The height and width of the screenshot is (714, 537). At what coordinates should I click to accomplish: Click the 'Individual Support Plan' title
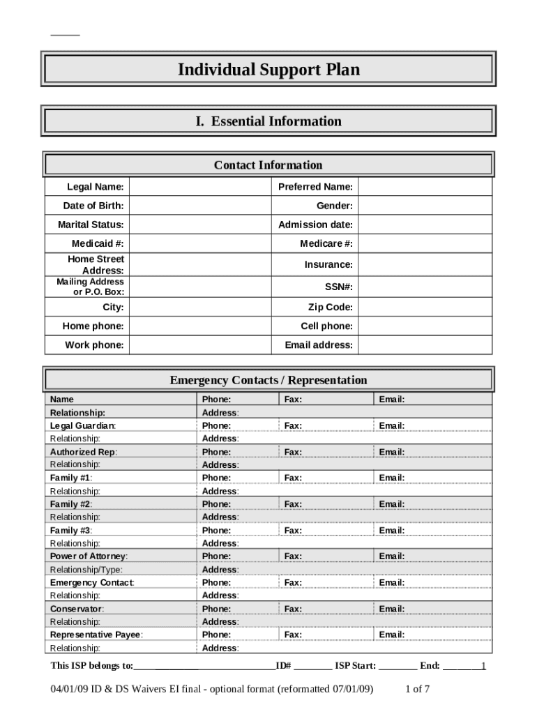pyautogui.click(x=268, y=70)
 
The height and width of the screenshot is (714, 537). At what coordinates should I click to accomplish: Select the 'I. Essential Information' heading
pyautogui.click(x=268, y=121)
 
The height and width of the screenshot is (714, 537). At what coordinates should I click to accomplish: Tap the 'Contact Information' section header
pyautogui.click(x=268, y=165)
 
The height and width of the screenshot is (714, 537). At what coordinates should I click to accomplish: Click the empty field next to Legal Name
pyautogui.click(x=199, y=187)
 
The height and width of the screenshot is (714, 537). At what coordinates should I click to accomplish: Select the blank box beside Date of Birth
pyautogui.click(x=199, y=206)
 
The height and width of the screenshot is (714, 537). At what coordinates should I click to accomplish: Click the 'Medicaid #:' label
pyautogui.click(x=98, y=243)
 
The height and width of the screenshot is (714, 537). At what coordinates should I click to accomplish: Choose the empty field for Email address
pyautogui.click(x=425, y=345)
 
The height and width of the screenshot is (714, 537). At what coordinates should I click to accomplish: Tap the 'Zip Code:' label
pyautogui.click(x=331, y=307)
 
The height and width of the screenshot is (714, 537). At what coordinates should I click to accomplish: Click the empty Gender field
pyautogui.click(x=425, y=206)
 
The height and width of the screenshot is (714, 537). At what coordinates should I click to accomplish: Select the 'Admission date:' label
pyautogui.click(x=315, y=225)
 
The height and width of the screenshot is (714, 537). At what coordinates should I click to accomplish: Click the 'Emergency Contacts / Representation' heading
pyautogui.click(x=268, y=381)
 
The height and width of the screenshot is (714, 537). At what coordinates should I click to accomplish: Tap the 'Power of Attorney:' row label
pyautogui.click(x=89, y=556)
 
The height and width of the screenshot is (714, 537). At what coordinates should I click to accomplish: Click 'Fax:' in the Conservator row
pyautogui.click(x=293, y=609)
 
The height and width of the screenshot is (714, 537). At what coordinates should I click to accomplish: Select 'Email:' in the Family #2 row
pyautogui.click(x=392, y=504)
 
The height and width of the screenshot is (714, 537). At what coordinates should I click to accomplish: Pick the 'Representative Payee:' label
pyautogui.click(x=96, y=635)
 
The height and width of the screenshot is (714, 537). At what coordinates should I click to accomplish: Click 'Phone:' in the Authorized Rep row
pyautogui.click(x=216, y=452)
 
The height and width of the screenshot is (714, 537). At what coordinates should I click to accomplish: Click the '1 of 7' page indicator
pyautogui.click(x=418, y=690)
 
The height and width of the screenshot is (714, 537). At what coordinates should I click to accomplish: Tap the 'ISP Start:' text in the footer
pyautogui.click(x=356, y=666)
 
